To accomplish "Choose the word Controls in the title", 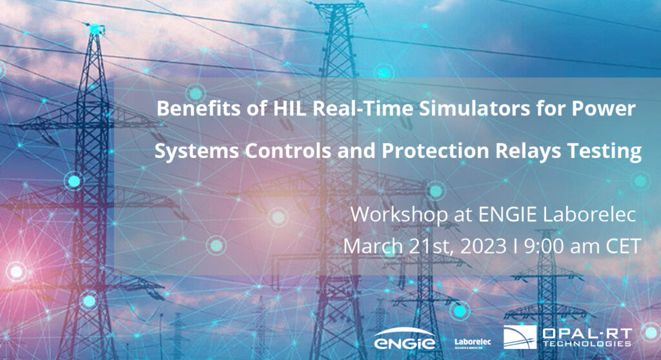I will pyautogui.click(x=272, y=153).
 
